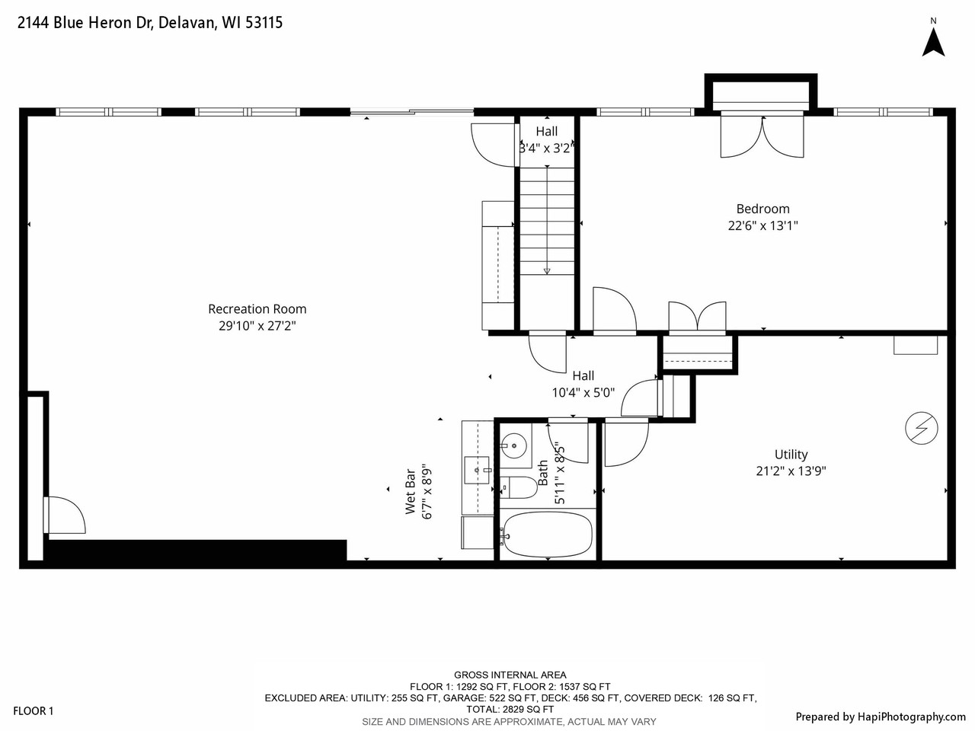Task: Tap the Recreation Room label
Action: (257, 309)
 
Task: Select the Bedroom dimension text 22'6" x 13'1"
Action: (762, 225)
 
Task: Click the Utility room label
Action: (791, 455)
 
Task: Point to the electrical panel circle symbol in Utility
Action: (921, 429)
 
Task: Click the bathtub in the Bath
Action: (547, 535)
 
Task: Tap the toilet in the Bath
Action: (519, 487)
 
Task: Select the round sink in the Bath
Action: (514, 445)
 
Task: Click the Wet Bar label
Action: (411, 491)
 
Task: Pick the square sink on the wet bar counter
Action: (478, 470)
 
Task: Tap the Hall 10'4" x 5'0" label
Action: (583, 385)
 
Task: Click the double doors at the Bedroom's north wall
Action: (762, 136)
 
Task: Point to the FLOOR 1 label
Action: (34, 711)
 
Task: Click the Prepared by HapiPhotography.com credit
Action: (880, 717)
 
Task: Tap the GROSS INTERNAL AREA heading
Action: (510, 675)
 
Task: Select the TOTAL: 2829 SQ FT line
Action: (510, 709)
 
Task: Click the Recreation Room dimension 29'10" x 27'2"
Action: (257, 326)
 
